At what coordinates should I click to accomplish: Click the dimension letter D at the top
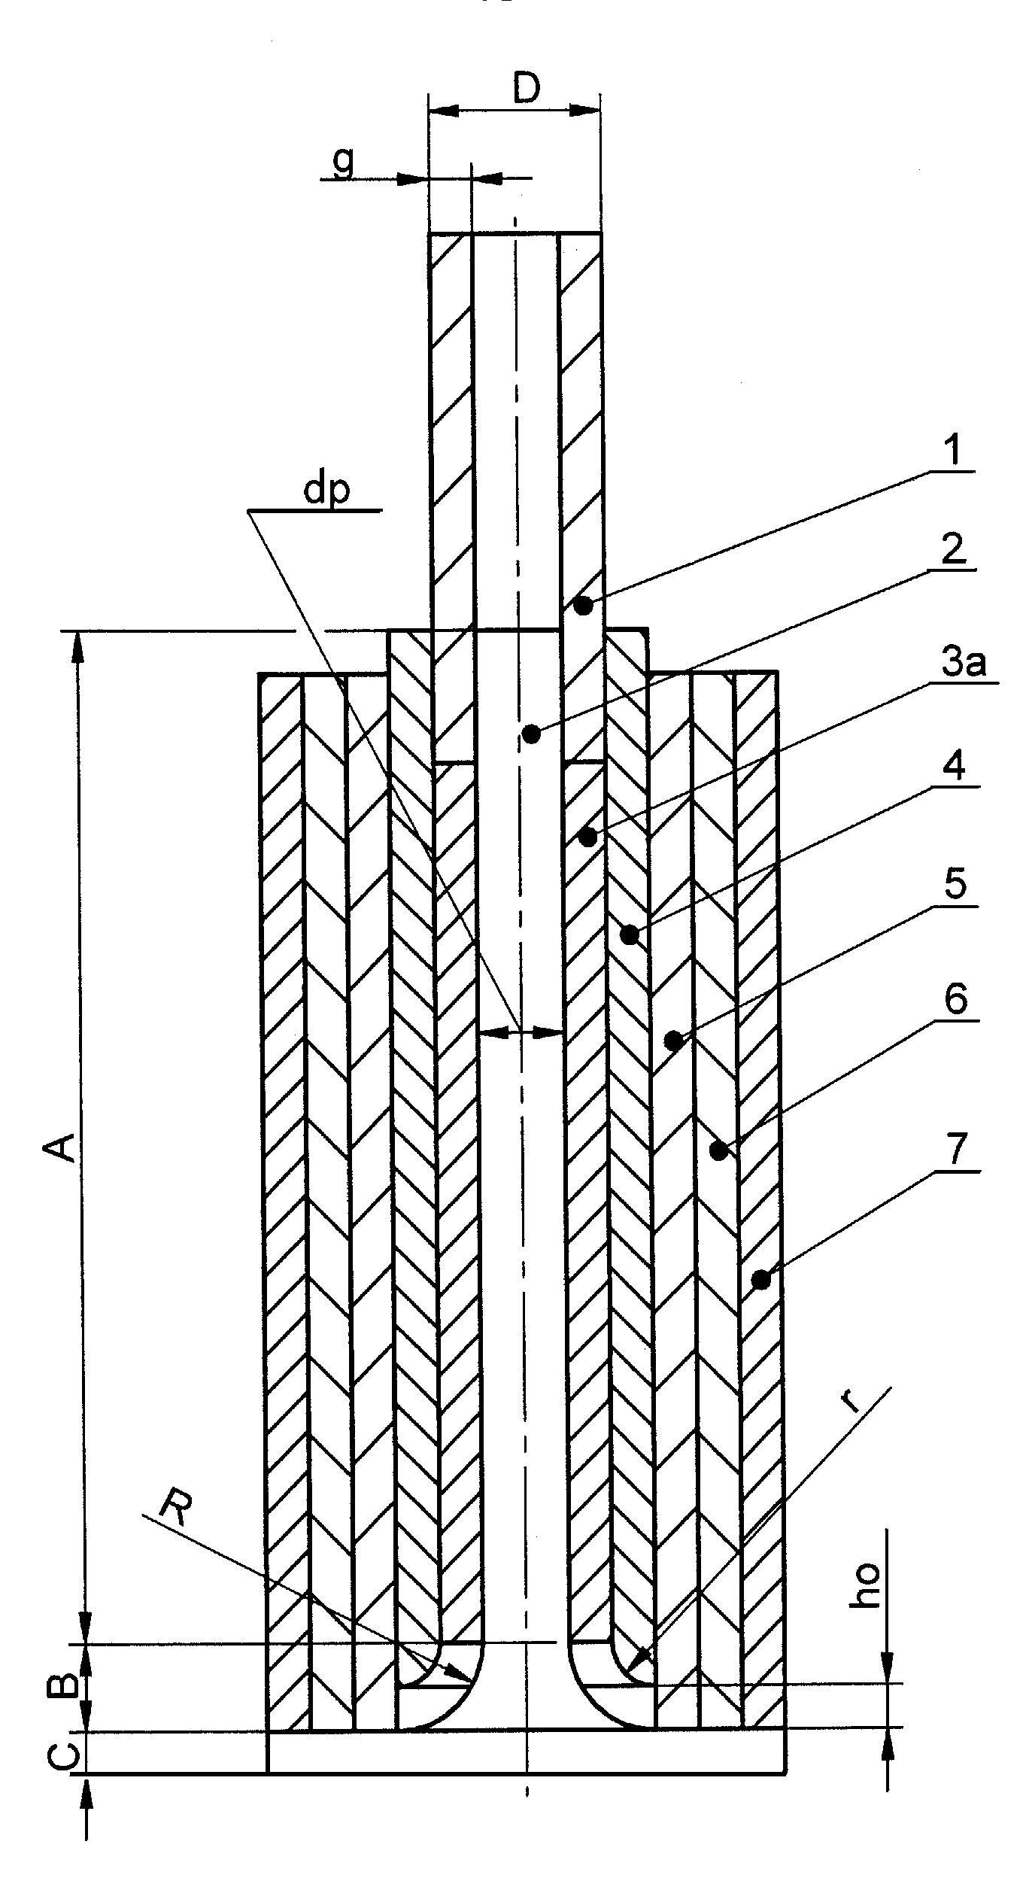527,90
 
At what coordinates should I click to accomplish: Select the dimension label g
343,163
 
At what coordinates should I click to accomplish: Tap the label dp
326,493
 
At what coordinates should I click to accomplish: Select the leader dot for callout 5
674,1041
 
